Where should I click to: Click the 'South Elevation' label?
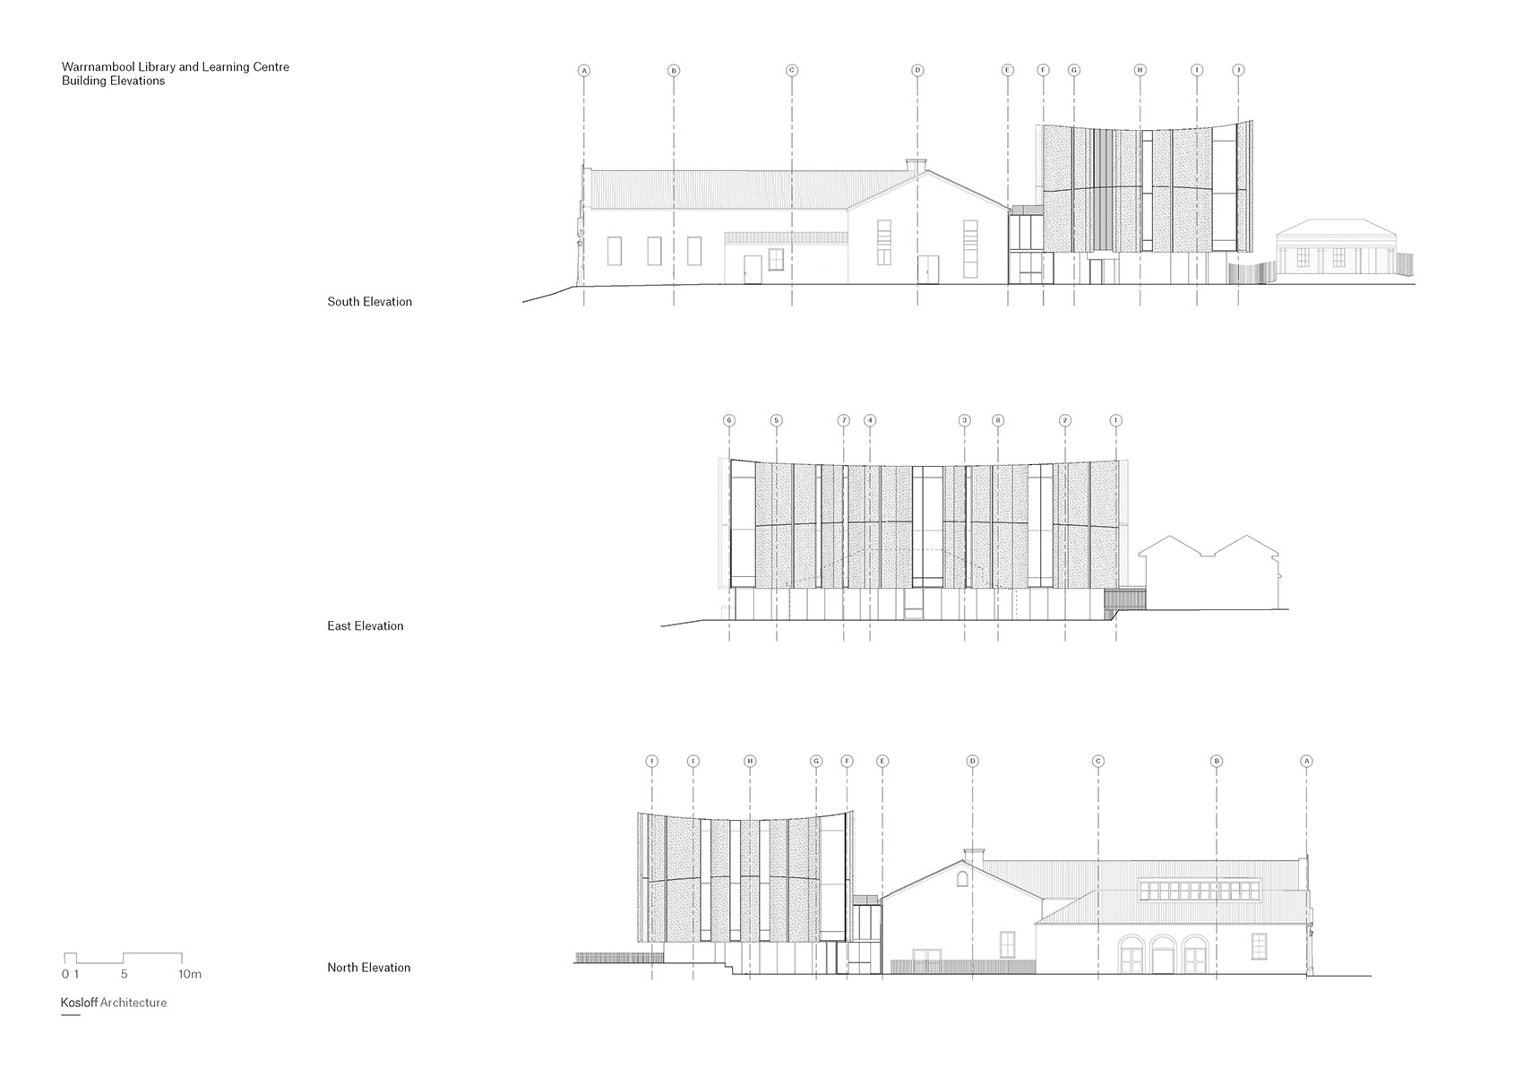click(369, 302)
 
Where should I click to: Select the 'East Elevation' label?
click(365, 626)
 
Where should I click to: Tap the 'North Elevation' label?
click(368, 968)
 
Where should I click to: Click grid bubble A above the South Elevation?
click(584, 70)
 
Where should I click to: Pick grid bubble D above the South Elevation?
click(917, 70)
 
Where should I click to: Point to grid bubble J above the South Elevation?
click(1239, 70)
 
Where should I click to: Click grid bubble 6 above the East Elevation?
click(729, 420)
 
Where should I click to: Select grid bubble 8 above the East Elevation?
click(998, 420)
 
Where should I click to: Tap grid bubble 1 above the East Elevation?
click(1116, 420)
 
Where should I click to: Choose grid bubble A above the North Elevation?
click(1306, 762)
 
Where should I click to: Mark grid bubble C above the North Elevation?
click(1098, 762)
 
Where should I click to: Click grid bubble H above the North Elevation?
click(751, 762)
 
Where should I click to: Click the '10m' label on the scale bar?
click(190, 974)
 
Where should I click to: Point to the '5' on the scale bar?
click(124, 974)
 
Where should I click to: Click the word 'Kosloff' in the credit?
click(79, 1003)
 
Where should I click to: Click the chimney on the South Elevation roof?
click(916, 165)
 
